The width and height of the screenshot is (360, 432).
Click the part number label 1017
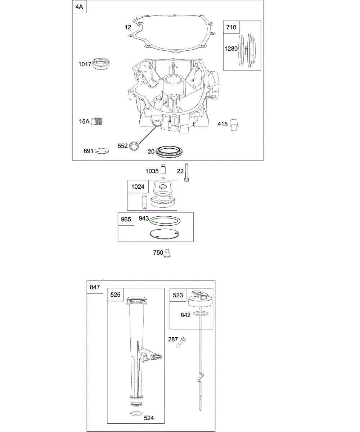coord(85,64)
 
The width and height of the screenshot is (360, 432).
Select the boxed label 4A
coord(79,7)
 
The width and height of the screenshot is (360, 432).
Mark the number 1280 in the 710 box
coord(231,48)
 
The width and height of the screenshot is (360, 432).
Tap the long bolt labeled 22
coord(187,174)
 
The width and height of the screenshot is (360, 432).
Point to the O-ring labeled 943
coord(165,220)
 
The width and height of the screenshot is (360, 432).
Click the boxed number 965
coord(126,219)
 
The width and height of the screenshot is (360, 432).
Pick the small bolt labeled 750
coord(167,254)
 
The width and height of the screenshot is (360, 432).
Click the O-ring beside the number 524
coord(136,414)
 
